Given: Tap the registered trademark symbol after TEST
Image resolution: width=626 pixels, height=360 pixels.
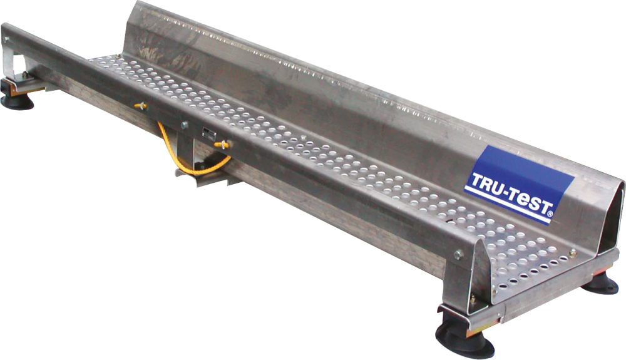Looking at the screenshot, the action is (550, 214).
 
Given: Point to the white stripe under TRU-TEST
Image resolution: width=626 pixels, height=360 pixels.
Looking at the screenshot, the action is (506, 207).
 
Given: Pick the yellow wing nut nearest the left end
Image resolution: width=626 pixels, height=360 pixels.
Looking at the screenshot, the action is (140, 106).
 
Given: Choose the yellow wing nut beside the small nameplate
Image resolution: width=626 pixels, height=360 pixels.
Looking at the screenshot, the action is (221, 145).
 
